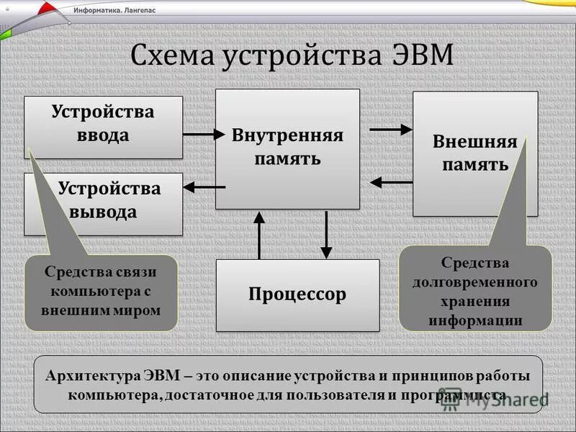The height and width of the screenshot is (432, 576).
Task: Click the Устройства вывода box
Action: click(x=108, y=202)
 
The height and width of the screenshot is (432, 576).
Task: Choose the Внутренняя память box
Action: click(x=287, y=148)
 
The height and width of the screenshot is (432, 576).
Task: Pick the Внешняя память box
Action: click(x=474, y=153)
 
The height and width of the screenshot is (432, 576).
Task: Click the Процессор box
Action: click(x=297, y=294)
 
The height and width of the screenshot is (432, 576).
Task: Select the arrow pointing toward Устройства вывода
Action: click(x=204, y=187)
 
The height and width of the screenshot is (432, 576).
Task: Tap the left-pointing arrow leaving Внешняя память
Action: click(x=390, y=182)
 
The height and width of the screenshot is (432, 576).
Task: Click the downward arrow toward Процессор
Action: click(x=327, y=234)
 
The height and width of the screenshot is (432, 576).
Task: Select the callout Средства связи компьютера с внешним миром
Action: click(x=101, y=292)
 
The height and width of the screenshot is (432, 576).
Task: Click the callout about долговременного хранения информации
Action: click(x=474, y=291)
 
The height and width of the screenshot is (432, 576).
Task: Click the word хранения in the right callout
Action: click(x=475, y=301)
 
